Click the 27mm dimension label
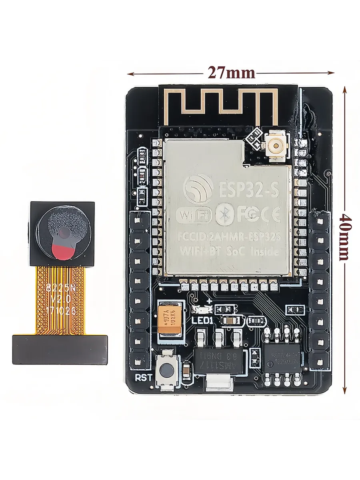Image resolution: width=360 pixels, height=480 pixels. tap(231, 72)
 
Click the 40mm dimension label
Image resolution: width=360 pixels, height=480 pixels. tap(345, 236)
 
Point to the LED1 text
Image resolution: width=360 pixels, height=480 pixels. tap(203, 320)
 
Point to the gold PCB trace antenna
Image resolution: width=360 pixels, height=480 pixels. tap(221, 105)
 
